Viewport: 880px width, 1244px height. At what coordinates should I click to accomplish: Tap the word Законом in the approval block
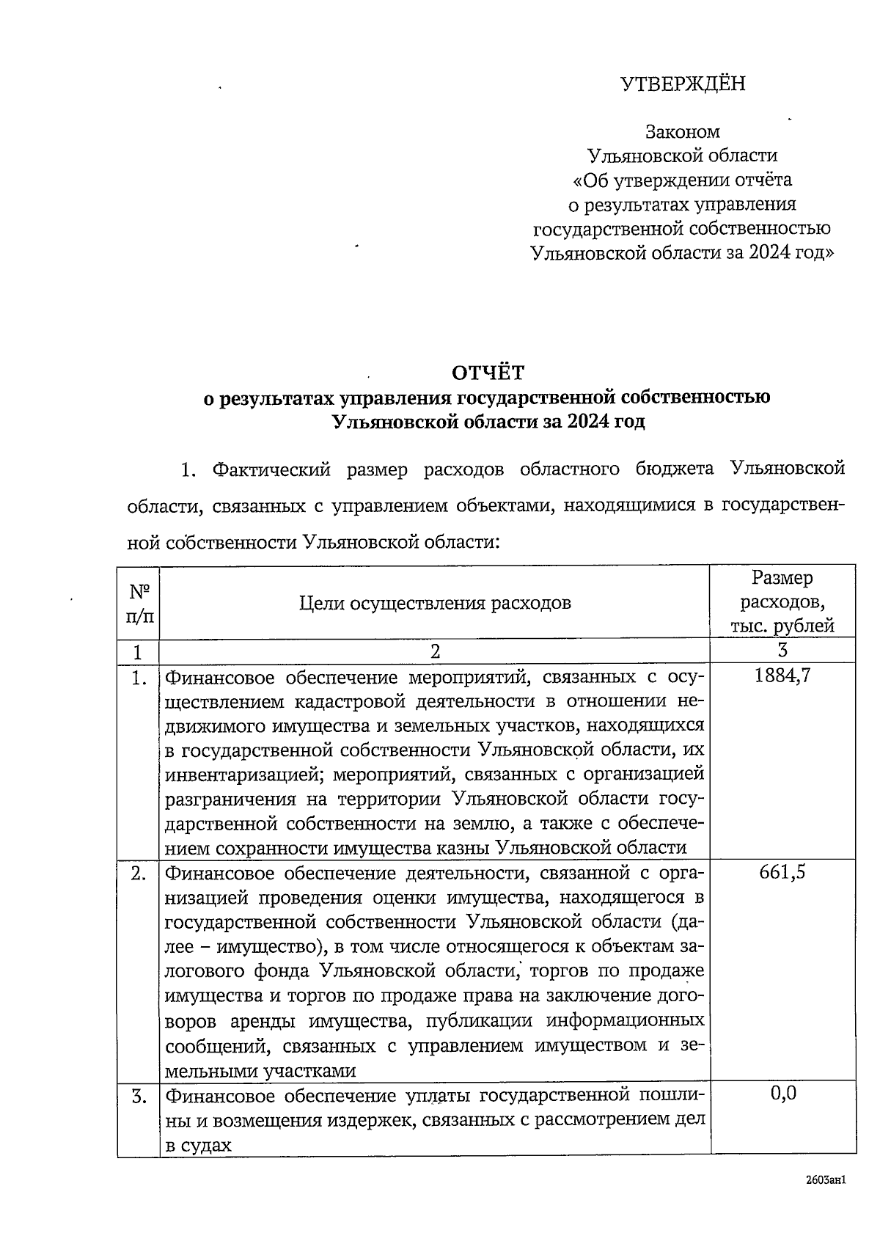pos(682,132)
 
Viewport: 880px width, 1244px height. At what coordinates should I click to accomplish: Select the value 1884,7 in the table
pos(782,676)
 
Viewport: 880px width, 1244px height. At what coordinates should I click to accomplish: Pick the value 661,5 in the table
pos(782,873)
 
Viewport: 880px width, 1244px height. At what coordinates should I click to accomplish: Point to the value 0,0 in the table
pos(782,1094)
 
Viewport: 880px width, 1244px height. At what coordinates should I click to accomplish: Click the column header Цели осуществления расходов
pos(435,603)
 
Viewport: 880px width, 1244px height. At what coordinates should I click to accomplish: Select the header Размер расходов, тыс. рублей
pos(782,602)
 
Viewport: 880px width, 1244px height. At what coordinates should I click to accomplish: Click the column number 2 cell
pos(435,651)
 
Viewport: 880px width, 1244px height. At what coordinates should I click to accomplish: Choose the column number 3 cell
pos(782,651)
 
